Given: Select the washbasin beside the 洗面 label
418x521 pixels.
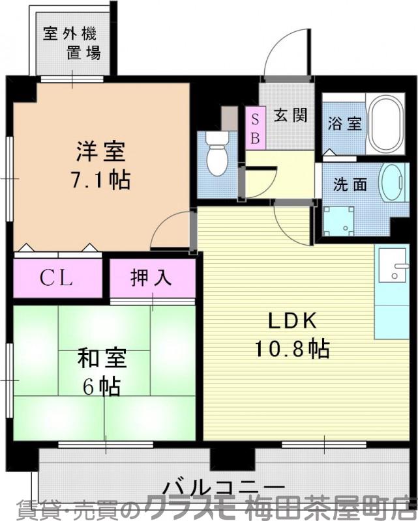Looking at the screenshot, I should (x=393, y=184).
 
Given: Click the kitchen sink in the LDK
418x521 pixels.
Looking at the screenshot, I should (x=393, y=267).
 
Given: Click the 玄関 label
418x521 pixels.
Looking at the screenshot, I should (x=290, y=116).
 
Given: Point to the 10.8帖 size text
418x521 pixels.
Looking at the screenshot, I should (x=291, y=349).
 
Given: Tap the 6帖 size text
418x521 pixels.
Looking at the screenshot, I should (x=101, y=387).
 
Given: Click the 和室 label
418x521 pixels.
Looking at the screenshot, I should (x=102, y=359).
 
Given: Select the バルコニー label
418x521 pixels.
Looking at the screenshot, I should (x=224, y=487).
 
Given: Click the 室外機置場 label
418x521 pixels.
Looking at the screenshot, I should (x=72, y=43).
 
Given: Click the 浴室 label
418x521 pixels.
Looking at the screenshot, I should (x=344, y=123).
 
